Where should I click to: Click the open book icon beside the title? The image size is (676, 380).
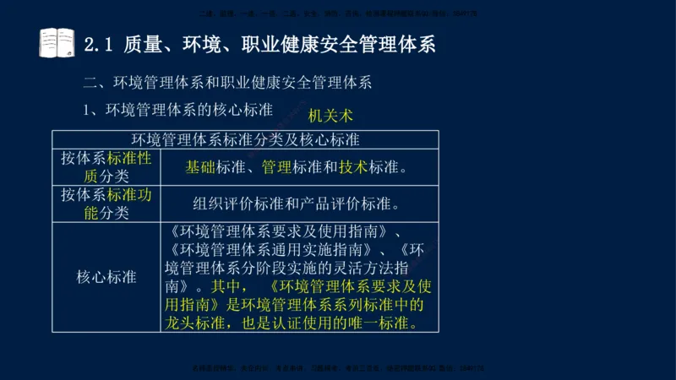57,43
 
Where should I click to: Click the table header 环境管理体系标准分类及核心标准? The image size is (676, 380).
245,138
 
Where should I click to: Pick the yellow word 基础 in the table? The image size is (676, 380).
200,167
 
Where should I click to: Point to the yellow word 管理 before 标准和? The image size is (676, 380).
277,167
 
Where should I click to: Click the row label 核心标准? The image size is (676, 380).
106,277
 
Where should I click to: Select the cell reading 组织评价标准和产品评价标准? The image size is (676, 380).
296,204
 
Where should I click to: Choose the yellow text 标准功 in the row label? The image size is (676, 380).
129,194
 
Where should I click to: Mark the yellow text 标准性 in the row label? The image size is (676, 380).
129,158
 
